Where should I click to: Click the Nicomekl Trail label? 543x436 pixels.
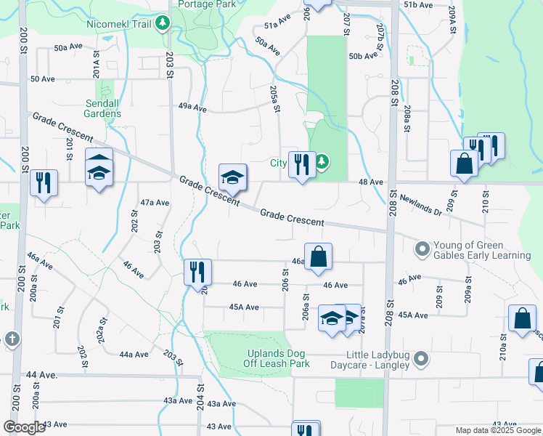118,24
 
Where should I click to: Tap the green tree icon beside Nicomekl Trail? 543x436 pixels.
164,24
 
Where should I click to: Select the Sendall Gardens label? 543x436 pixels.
102,108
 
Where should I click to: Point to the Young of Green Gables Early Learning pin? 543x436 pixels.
421,250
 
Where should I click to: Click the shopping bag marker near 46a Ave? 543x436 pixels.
318,257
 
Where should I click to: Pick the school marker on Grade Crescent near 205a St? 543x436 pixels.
232,177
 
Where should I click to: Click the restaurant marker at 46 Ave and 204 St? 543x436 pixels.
197,272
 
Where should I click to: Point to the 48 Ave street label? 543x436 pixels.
370,182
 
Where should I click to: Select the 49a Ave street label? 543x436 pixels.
192,109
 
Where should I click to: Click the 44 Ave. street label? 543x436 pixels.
41,374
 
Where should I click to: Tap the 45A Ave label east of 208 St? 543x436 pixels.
413,315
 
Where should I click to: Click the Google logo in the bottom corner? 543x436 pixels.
24,427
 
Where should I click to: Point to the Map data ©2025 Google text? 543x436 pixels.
498,430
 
